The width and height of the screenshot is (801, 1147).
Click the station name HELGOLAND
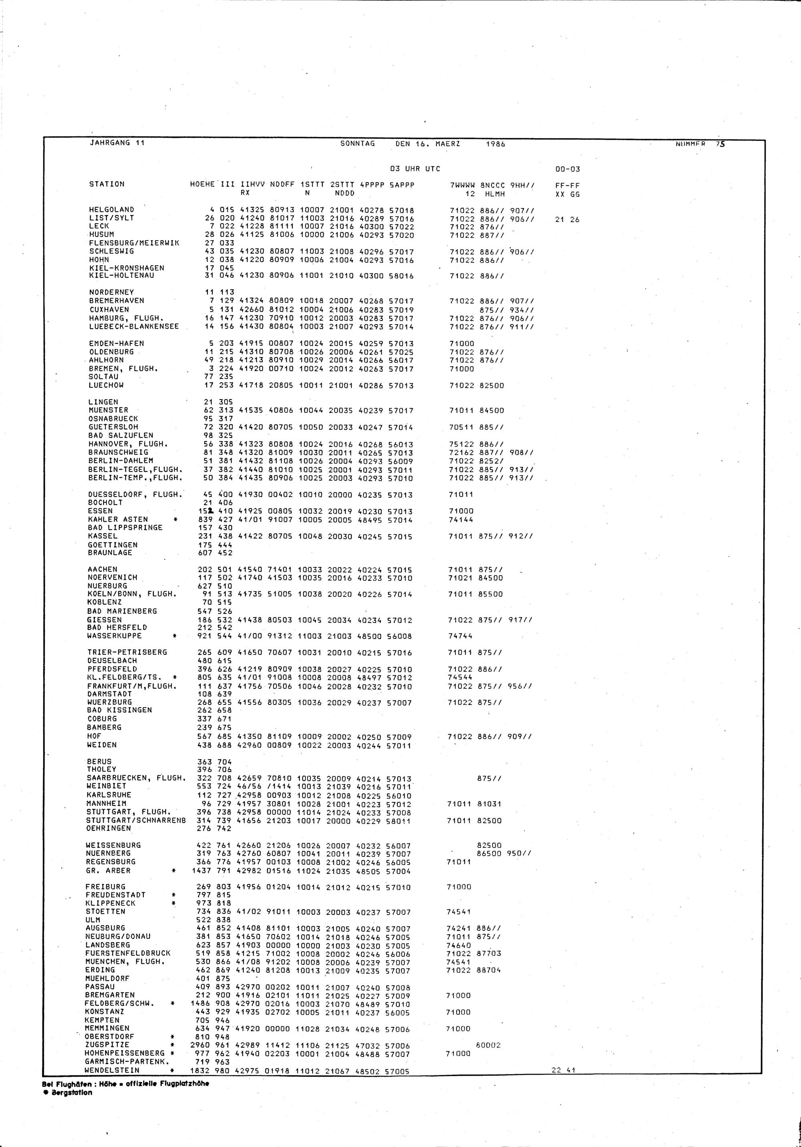111,210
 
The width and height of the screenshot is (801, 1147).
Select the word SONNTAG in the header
358,143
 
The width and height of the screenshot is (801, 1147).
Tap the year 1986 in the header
495,144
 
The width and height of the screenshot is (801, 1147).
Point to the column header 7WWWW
462,185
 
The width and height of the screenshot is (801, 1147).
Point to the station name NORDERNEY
111,292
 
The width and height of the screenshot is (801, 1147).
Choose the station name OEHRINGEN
109,828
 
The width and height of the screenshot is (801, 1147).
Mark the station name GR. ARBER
108,871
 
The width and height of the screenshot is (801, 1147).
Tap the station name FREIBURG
105,887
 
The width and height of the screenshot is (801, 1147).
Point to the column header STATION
107,184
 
